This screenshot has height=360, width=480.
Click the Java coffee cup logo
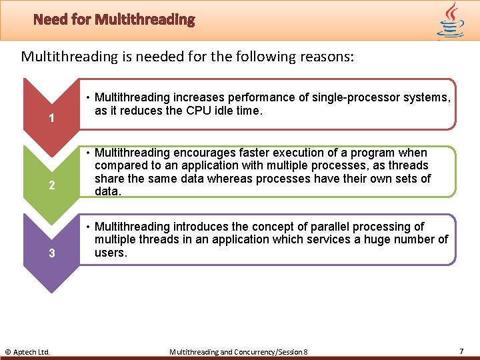point(451,20)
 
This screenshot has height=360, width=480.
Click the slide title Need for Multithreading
point(114,19)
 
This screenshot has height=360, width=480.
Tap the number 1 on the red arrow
point(51,119)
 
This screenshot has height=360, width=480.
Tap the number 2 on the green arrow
point(51,185)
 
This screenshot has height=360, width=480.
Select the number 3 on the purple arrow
point(51,253)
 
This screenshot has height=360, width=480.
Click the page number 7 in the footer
point(461,351)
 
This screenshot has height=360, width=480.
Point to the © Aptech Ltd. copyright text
point(27,351)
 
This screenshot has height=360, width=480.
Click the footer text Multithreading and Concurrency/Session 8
point(239,351)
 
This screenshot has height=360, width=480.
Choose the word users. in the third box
point(111,253)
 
